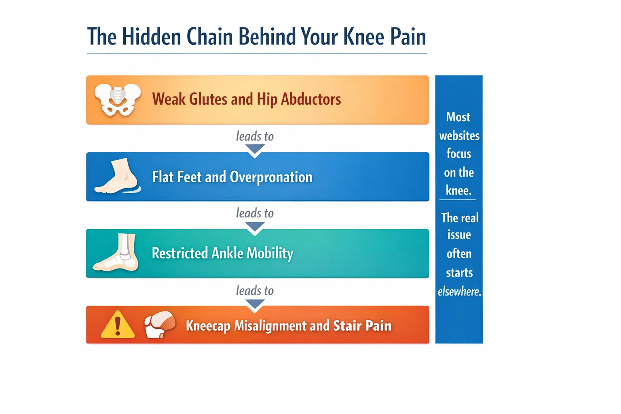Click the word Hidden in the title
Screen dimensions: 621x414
152,36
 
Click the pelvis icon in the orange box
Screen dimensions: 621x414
118,100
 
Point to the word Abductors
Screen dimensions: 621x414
311,99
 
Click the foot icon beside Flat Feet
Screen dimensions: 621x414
118,176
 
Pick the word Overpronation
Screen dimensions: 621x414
271,177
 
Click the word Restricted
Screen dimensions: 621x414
180,253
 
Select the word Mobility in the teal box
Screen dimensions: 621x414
270,253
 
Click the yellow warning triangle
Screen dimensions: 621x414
118,324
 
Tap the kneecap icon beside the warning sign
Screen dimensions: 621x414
160,324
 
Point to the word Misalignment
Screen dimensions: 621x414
270,326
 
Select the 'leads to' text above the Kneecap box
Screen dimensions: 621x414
255,291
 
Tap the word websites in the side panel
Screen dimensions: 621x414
459,136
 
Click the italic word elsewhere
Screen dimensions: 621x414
459,291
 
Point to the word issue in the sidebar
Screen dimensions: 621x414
459,235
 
